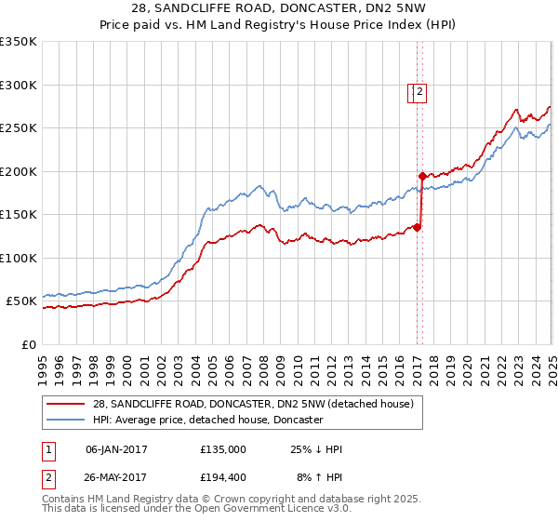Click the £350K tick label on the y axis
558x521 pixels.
click(19, 42)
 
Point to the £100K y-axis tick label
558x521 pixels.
click(19, 258)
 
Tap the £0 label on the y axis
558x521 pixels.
click(28, 344)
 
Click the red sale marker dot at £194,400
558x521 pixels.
click(422, 176)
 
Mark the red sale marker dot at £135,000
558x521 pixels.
click(418, 227)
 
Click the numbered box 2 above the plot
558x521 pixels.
click(420, 91)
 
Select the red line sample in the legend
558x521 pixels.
click(66, 403)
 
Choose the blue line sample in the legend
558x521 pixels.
click(66, 420)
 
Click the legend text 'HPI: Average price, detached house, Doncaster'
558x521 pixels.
click(207, 420)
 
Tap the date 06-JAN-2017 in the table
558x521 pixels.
click(116, 449)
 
